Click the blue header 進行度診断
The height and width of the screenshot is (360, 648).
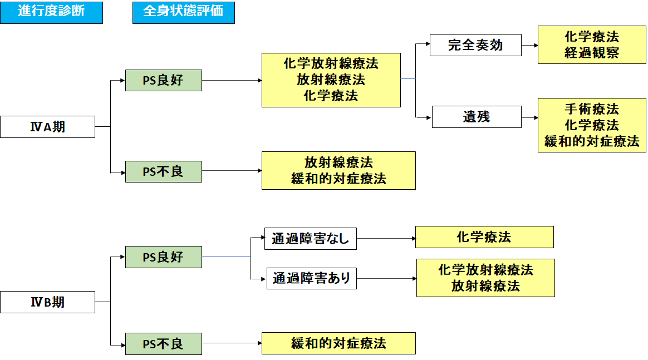(x=51, y=12)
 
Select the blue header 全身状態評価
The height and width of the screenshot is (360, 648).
(x=183, y=12)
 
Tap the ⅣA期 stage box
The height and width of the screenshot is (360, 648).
(x=47, y=127)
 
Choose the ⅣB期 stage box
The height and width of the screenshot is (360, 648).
(x=47, y=302)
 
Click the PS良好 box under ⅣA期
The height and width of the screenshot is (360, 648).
(x=163, y=80)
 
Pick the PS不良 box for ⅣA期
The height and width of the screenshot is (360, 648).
(x=163, y=171)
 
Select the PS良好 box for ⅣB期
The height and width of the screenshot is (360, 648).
(x=163, y=257)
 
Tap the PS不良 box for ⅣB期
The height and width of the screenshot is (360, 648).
(x=163, y=343)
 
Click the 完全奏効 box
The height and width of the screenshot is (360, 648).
(x=475, y=45)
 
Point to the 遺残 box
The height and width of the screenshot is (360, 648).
(x=477, y=117)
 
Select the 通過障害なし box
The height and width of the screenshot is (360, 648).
(x=310, y=239)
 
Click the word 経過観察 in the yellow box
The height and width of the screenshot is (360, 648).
(x=591, y=53)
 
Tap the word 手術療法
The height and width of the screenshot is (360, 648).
(x=591, y=109)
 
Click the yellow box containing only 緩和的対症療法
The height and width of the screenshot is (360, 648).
(x=338, y=343)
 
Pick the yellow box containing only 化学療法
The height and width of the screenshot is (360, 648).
(x=484, y=237)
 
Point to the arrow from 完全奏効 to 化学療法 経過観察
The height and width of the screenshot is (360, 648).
(x=529, y=46)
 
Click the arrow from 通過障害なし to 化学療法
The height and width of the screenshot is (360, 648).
(x=386, y=239)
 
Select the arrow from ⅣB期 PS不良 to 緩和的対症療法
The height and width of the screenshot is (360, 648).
(x=232, y=343)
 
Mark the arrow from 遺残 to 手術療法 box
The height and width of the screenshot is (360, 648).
(x=529, y=117)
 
